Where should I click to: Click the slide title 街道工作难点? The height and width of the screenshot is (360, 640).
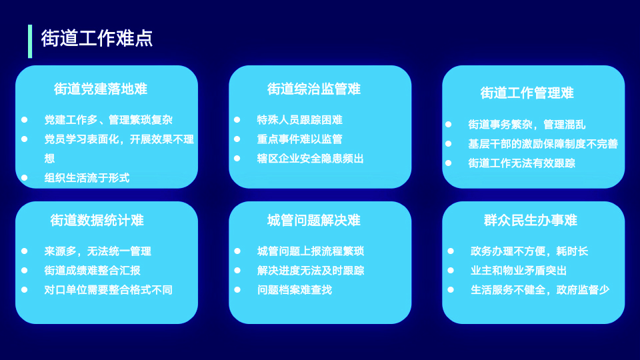click(x=97, y=39)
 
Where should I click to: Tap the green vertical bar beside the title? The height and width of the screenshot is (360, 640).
click(x=30, y=41)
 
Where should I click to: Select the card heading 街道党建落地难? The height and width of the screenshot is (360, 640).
click(x=101, y=89)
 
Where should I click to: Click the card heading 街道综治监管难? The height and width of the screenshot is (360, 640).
click(x=314, y=89)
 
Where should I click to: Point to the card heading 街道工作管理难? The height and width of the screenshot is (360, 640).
click(x=527, y=93)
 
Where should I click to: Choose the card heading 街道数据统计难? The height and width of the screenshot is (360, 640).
click(x=97, y=221)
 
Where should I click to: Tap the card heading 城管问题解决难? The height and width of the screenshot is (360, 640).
click(x=314, y=221)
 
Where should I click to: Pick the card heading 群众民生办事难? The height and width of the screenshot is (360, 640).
click(x=531, y=221)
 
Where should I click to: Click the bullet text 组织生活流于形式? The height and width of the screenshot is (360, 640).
click(x=87, y=178)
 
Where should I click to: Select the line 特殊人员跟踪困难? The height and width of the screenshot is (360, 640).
click(x=299, y=120)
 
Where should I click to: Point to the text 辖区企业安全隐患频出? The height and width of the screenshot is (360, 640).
click(x=310, y=159)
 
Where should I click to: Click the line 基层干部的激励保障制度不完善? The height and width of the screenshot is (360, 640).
click(x=543, y=144)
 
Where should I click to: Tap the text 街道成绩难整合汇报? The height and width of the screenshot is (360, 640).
click(x=92, y=271)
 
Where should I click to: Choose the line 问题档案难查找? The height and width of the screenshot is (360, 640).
click(x=294, y=290)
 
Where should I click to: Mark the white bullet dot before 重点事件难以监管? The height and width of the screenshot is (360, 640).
click(x=237, y=139)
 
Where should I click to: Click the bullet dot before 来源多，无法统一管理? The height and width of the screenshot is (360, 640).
click(x=25, y=251)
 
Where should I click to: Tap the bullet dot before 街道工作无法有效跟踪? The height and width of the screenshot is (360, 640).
click(x=448, y=163)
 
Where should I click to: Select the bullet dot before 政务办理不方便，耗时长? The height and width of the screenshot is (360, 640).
click(x=451, y=251)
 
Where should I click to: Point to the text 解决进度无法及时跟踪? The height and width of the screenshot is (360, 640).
click(x=310, y=271)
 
